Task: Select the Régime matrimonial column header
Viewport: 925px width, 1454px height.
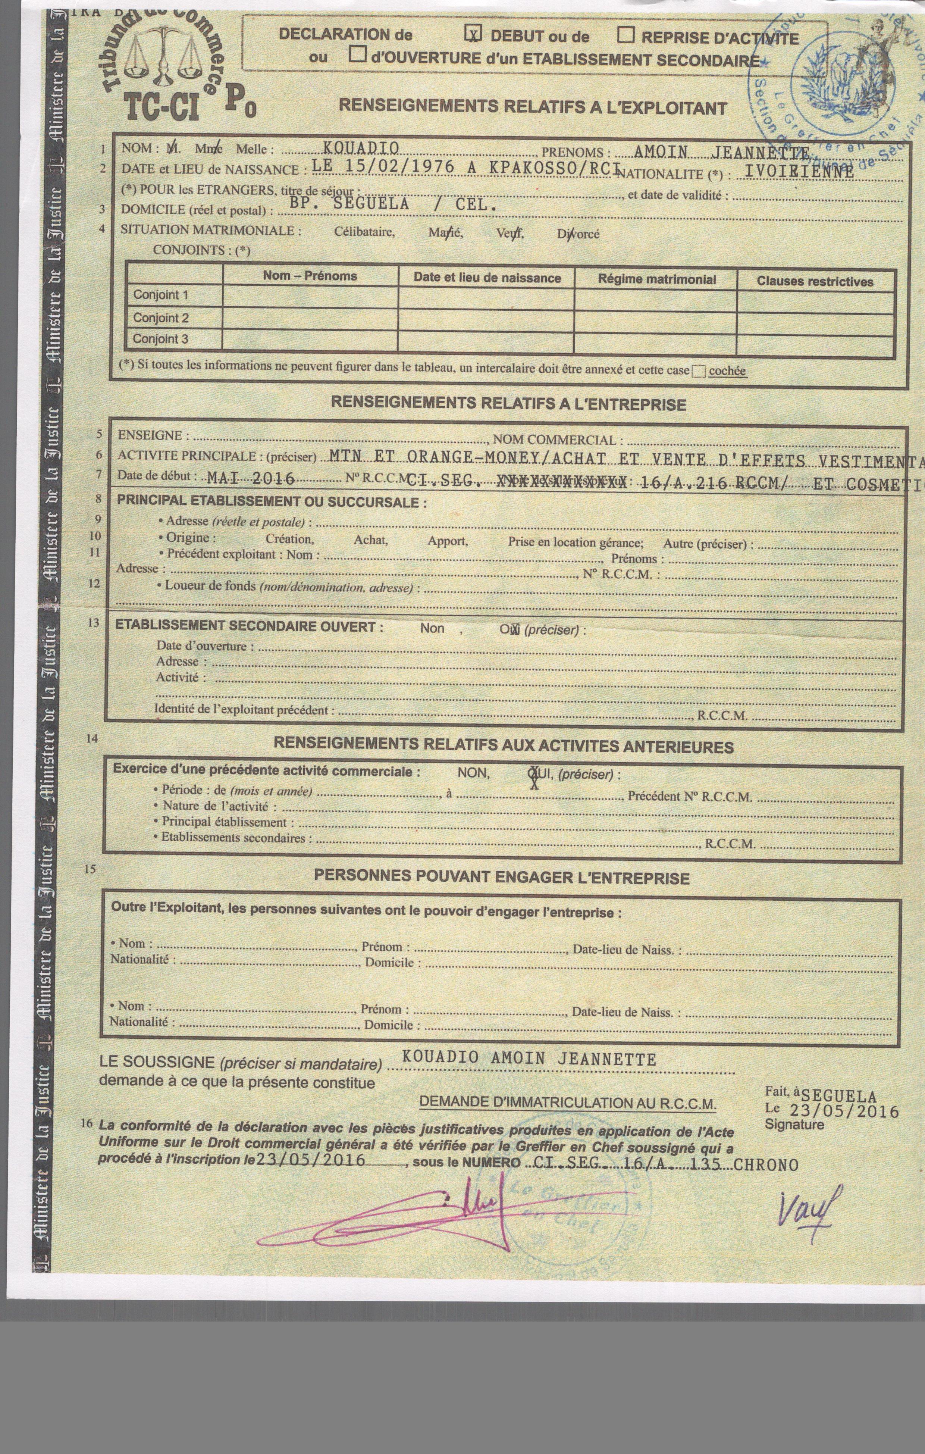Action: (656, 279)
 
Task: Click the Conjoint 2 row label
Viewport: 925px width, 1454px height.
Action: (161, 318)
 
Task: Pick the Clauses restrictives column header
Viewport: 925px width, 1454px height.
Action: (815, 281)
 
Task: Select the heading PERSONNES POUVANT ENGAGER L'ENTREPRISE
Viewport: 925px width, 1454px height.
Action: (502, 877)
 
